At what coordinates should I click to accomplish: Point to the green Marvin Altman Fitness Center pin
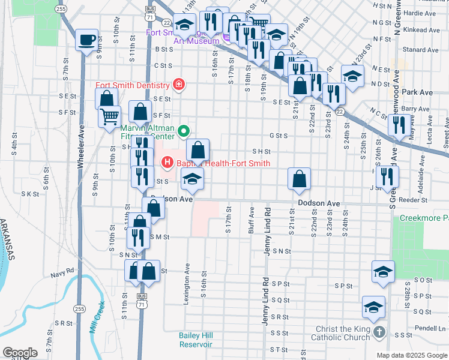(185, 130)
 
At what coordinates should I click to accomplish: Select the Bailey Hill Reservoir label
(196, 340)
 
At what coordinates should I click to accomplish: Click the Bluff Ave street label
(253, 221)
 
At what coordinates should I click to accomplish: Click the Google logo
(20, 352)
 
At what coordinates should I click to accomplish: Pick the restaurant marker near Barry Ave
(399, 125)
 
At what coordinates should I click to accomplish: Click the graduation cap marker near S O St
(383, 272)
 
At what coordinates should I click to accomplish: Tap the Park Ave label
(418, 92)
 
